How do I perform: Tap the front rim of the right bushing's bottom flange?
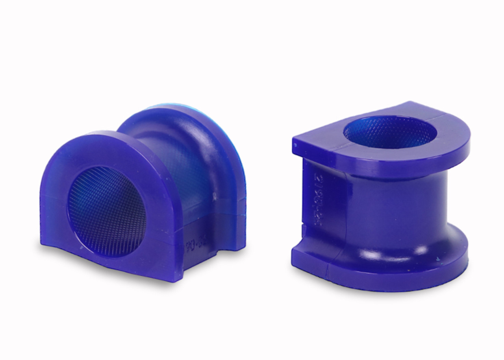pyautogui.click(x=374, y=281)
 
